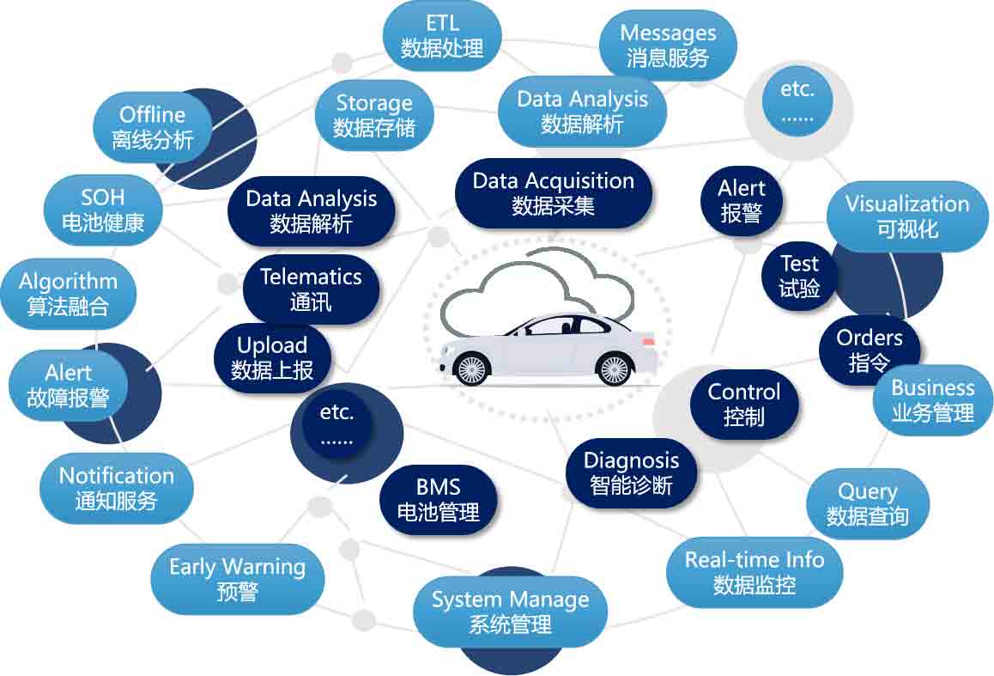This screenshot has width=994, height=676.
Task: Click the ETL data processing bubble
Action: [442, 35]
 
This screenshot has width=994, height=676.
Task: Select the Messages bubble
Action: [668, 46]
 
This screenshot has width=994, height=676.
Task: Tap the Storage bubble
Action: [373, 116]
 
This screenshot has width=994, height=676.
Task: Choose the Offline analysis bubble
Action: [153, 127]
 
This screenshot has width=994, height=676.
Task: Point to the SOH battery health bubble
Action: [103, 209]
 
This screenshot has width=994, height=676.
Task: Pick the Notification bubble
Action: [116, 488]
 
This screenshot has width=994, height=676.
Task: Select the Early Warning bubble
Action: [237, 579]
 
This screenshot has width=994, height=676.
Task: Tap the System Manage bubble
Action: [510, 612]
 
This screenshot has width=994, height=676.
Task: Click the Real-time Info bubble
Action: [755, 572]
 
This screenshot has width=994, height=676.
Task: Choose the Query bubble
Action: [867, 503]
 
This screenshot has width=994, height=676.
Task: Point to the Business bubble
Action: [932, 400]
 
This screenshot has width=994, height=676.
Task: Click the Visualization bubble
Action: [907, 216]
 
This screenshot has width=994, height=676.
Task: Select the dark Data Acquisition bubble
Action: [554, 193]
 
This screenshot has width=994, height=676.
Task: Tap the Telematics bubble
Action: [311, 289]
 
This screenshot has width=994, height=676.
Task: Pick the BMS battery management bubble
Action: [438, 501]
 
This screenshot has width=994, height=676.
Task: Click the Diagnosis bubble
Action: [631, 472]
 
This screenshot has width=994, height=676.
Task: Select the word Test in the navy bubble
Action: [799, 264]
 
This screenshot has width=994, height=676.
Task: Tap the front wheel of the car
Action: [470, 369]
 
